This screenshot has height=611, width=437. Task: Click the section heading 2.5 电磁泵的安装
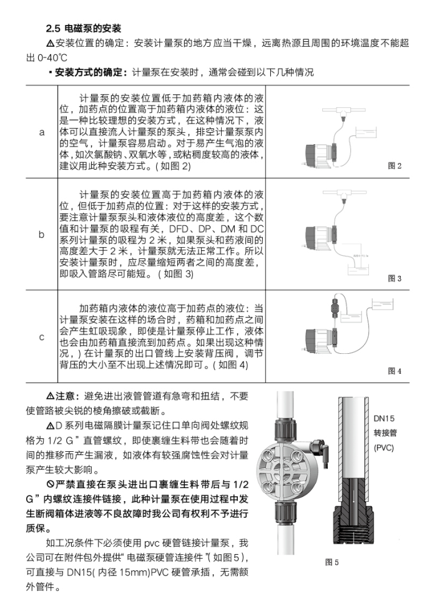coord(84,29)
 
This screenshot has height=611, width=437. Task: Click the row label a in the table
coord(42,132)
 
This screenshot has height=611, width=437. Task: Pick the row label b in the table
coord(42,235)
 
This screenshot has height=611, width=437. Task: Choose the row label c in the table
coord(42,337)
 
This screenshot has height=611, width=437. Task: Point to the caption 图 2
coord(395,166)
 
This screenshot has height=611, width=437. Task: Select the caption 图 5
coord(331,562)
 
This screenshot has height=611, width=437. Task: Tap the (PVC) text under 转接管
coord(383,447)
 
